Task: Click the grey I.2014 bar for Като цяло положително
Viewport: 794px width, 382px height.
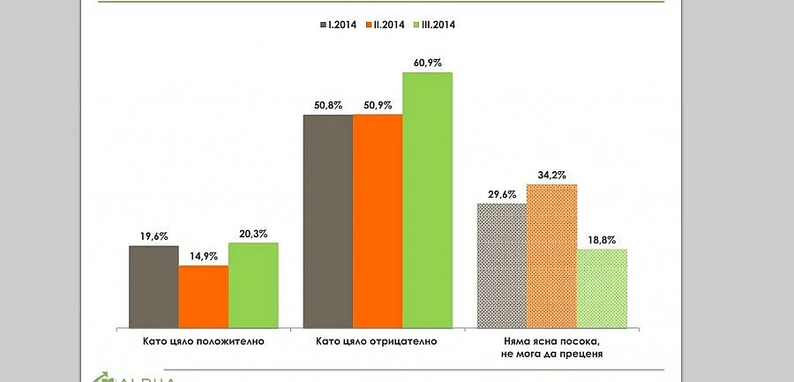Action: coord(154,286)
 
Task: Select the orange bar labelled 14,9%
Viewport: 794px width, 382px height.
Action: coord(204,296)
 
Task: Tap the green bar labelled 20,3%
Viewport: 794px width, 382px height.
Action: coord(253,284)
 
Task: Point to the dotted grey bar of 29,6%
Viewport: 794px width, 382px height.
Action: coord(502,265)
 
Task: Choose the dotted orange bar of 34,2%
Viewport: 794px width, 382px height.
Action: coord(551,255)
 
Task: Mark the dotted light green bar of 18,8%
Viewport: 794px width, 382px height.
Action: coord(602,288)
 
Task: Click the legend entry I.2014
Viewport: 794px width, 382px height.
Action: coord(337,25)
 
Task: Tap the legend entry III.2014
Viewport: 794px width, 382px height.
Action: coord(438,25)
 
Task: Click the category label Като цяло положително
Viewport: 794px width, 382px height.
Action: coord(203,340)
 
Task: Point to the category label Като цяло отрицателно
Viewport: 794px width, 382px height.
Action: coord(378,340)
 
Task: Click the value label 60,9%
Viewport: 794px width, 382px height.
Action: coord(428,62)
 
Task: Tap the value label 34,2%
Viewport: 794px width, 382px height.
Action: coord(551,174)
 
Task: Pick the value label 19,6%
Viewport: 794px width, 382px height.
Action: coord(154,236)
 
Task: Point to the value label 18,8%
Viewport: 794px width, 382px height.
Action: coord(602,239)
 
